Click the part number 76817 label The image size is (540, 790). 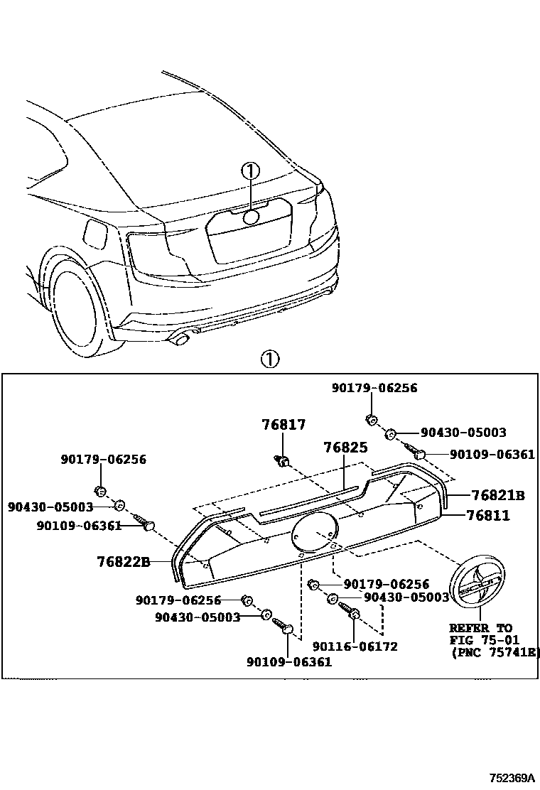coord(283,425)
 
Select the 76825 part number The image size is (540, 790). coord(345,448)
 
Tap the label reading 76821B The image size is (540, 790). coord(498,494)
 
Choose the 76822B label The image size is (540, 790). coord(124,562)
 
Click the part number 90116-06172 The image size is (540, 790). coord(355,646)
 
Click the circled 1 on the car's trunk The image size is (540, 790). coord(250,171)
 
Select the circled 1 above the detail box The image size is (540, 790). coord(269,359)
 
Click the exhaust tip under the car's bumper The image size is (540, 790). coord(180,340)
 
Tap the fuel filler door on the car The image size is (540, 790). coord(94,232)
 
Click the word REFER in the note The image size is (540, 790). coord(465,628)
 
